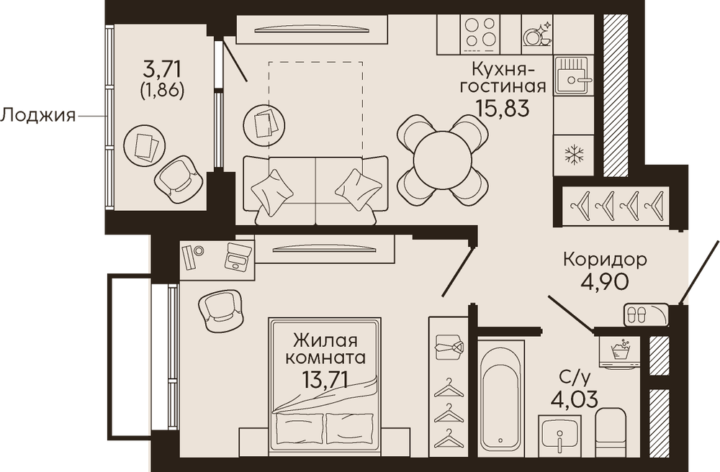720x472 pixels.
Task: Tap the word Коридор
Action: click(x=605, y=260)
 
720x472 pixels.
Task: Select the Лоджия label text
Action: click(x=37, y=116)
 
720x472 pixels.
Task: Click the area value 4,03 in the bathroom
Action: click(x=574, y=399)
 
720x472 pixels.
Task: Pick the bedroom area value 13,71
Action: click(x=325, y=379)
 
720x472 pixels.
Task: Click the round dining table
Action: click(x=442, y=160)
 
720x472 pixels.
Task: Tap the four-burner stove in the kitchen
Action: click(x=479, y=32)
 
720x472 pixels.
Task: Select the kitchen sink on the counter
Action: click(x=574, y=76)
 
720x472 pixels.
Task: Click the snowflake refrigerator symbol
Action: click(x=573, y=155)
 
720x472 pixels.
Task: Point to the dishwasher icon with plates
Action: click(x=537, y=32)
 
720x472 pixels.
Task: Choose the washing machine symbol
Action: click(x=619, y=352)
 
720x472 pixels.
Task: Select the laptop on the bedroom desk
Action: click(x=238, y=256)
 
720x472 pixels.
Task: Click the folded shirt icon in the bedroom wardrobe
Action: click(x=449, y=347)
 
